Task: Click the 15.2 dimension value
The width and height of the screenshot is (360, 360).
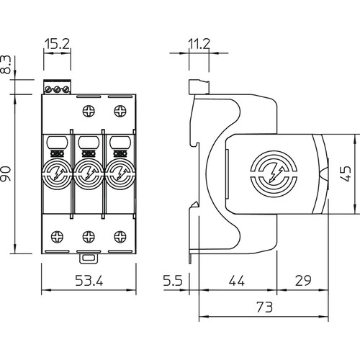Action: (x=57, y=43)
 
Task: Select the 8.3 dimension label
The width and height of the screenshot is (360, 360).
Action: (x=6, y=64)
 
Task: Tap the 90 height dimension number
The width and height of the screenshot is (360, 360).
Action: (x=6, y=174)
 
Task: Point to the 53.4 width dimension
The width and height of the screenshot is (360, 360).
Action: (x=89, y=280)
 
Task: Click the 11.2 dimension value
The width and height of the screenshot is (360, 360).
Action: (x=199, y=44)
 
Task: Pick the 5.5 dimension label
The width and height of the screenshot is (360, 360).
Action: (x=173, y=280)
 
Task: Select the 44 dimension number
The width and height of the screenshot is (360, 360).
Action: (x=237, y=280)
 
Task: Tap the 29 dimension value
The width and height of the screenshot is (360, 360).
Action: (x=303, y=280)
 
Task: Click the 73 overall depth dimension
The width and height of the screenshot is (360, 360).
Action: (x=265, y=307)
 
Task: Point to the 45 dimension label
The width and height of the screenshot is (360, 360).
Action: (x=346, y=174)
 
